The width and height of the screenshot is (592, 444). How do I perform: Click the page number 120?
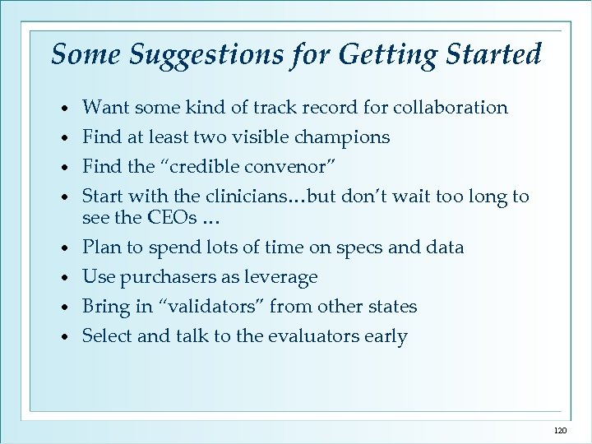pos(560,431)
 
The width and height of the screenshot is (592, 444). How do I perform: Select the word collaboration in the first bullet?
pos(451,107)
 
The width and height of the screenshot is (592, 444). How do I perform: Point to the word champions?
pos(336,137)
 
